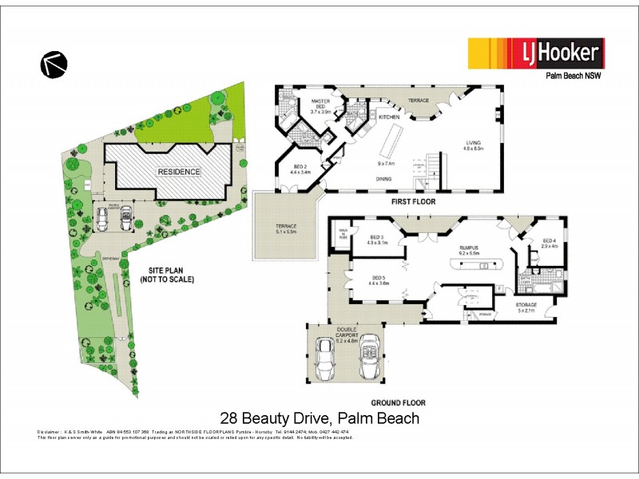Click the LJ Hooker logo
[x=536, y=54]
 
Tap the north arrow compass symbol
[x=54, y=64]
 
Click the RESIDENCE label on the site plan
[x=179, y=172]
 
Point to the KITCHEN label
[x=389, y=117]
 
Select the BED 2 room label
[x=300, y=168]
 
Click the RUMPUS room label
[x=468, y=250]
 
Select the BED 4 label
[x=549, y=243]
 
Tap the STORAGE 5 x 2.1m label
[x=526, y=307]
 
